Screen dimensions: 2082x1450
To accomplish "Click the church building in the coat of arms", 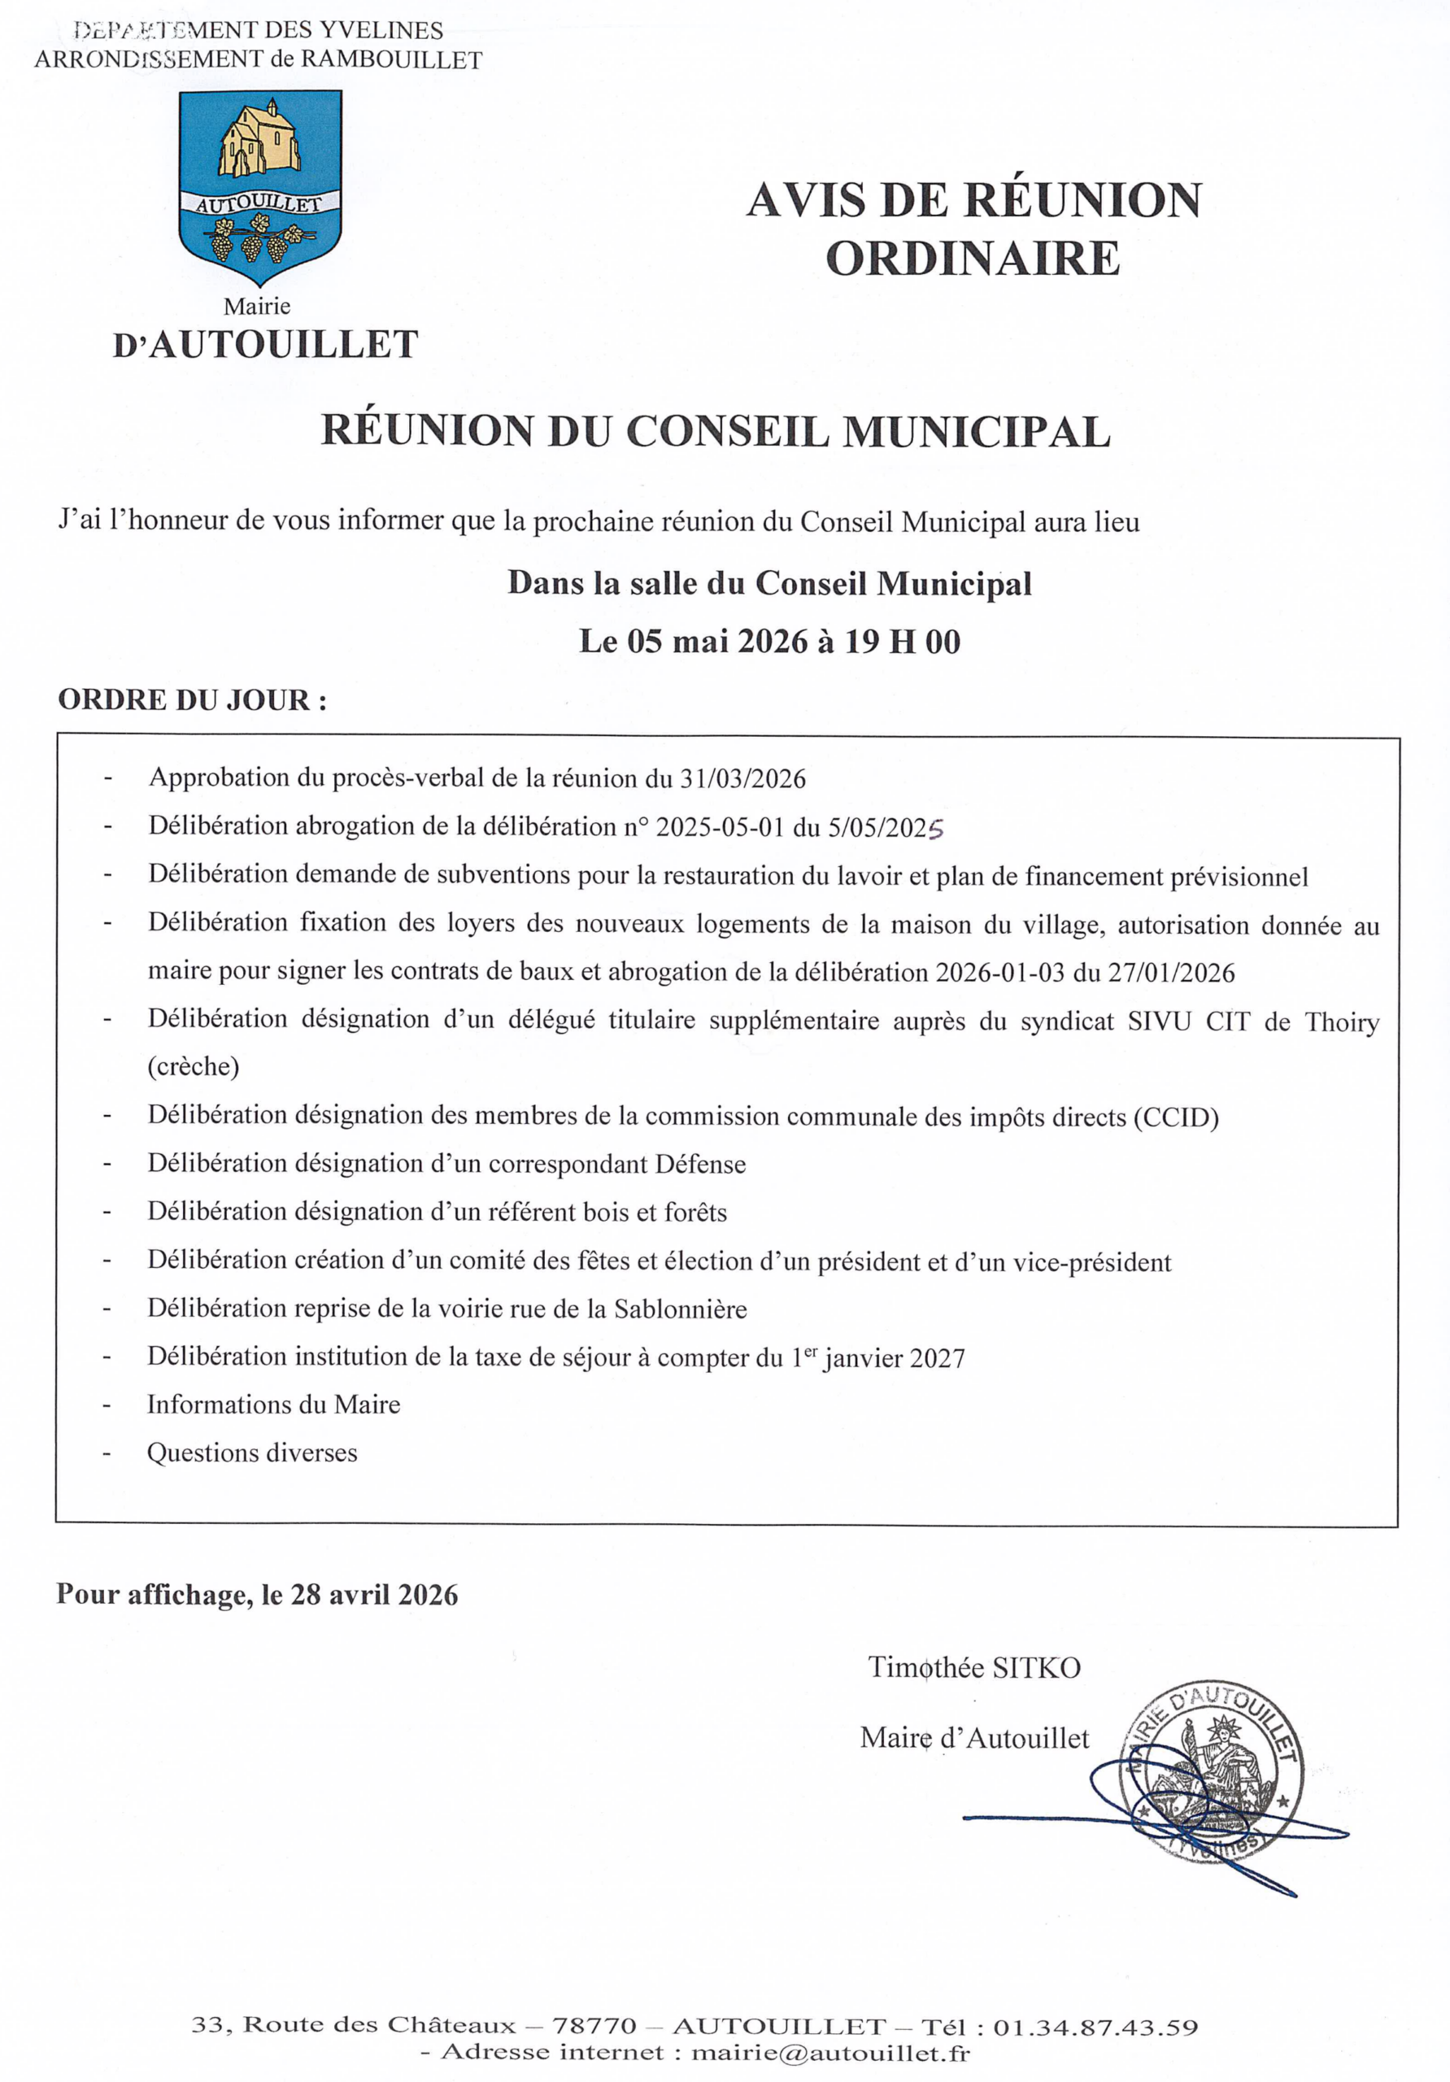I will tap(259, 141).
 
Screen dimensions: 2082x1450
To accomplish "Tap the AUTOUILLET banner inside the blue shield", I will tap(259, 204).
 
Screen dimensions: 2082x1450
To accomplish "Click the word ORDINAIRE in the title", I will tap(973, 259).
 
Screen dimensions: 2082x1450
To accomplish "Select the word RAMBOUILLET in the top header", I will tap(391, 60).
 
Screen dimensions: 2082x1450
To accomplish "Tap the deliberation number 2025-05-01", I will tap(719, 827).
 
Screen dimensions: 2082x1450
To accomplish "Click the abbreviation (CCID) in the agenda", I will tap(1176, 1117).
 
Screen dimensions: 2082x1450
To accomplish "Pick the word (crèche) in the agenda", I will tap(194, 1066).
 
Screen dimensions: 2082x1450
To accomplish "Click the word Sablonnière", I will tap(680, 1309).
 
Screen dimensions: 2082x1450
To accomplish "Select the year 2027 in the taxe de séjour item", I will tap(937, 1358).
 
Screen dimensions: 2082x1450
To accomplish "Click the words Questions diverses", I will tap(252, 1453).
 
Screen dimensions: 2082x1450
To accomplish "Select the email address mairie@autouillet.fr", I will tap(830, 2052).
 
